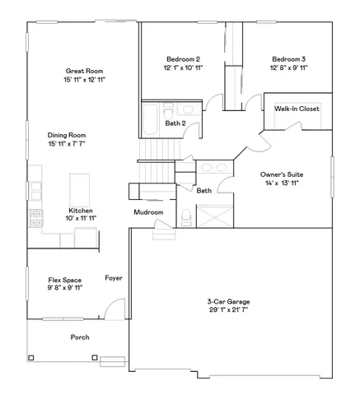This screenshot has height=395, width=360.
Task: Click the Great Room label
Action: coord(84,71)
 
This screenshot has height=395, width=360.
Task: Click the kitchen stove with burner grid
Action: coord(35,219)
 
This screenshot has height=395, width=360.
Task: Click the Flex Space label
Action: coord(63,281)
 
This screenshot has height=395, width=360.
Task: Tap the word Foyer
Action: coord(114,278)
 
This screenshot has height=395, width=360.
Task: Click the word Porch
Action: coord(80,337)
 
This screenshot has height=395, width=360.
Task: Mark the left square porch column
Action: coord(31,357)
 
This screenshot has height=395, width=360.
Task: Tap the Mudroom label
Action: coord(148,212)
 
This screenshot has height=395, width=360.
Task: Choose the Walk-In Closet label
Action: coord(297,109)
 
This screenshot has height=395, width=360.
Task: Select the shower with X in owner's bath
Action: coord(212,218)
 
